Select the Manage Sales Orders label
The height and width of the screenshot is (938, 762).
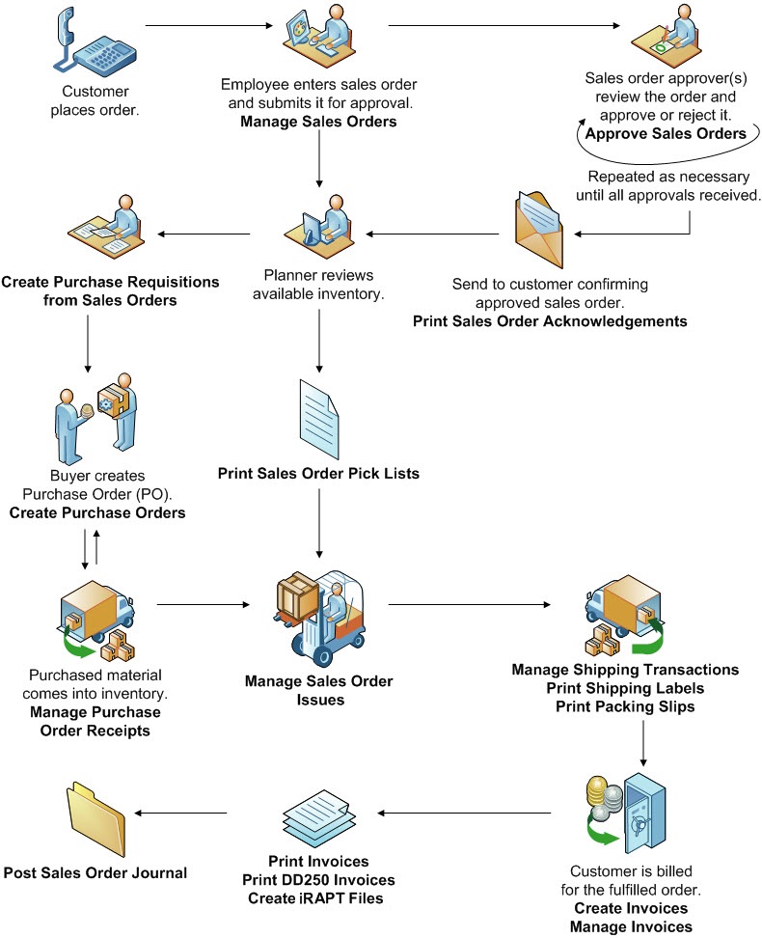(x=318, y=123)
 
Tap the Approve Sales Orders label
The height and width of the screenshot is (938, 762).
(x=666, y=134)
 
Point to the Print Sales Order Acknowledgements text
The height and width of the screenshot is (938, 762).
(x=550, y=320)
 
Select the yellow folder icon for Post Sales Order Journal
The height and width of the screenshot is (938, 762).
(x=95, y=815)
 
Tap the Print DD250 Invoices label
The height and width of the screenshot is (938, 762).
(x=318, y=879)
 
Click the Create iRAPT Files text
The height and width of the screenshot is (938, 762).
(x=318, y=897)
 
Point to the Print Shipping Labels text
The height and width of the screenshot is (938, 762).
(x=625, y=688)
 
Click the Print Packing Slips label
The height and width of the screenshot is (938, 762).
(x=625, y=706)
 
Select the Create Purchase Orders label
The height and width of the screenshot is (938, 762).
(x=97, y=512)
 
